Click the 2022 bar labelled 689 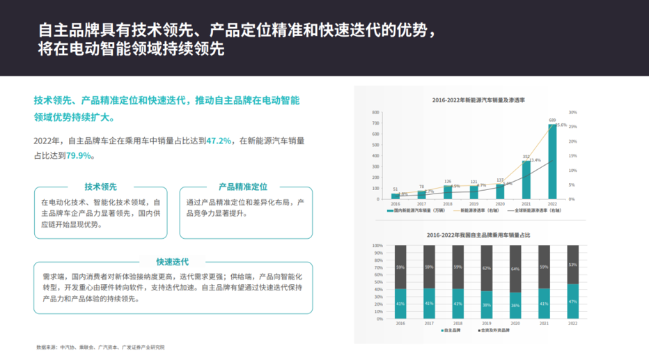click(x=552, y=162)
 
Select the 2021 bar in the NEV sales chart click(x=526, y=180)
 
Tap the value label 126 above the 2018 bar click(x=448, y=182)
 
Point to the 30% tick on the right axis click(x=573, y=112)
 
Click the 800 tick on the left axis click(x=375, y=112)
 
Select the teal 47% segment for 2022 click(x=572, y=301)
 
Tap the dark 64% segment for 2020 click(x=515, y=269)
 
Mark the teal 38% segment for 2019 click(x=486, y=305)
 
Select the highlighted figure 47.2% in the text click(x=219, y=141)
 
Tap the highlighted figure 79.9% click(x=79, y=155)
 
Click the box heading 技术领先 click(x=100, y=187)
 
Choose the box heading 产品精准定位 click(x=243, y=187)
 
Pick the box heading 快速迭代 click(x=172, y=262)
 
